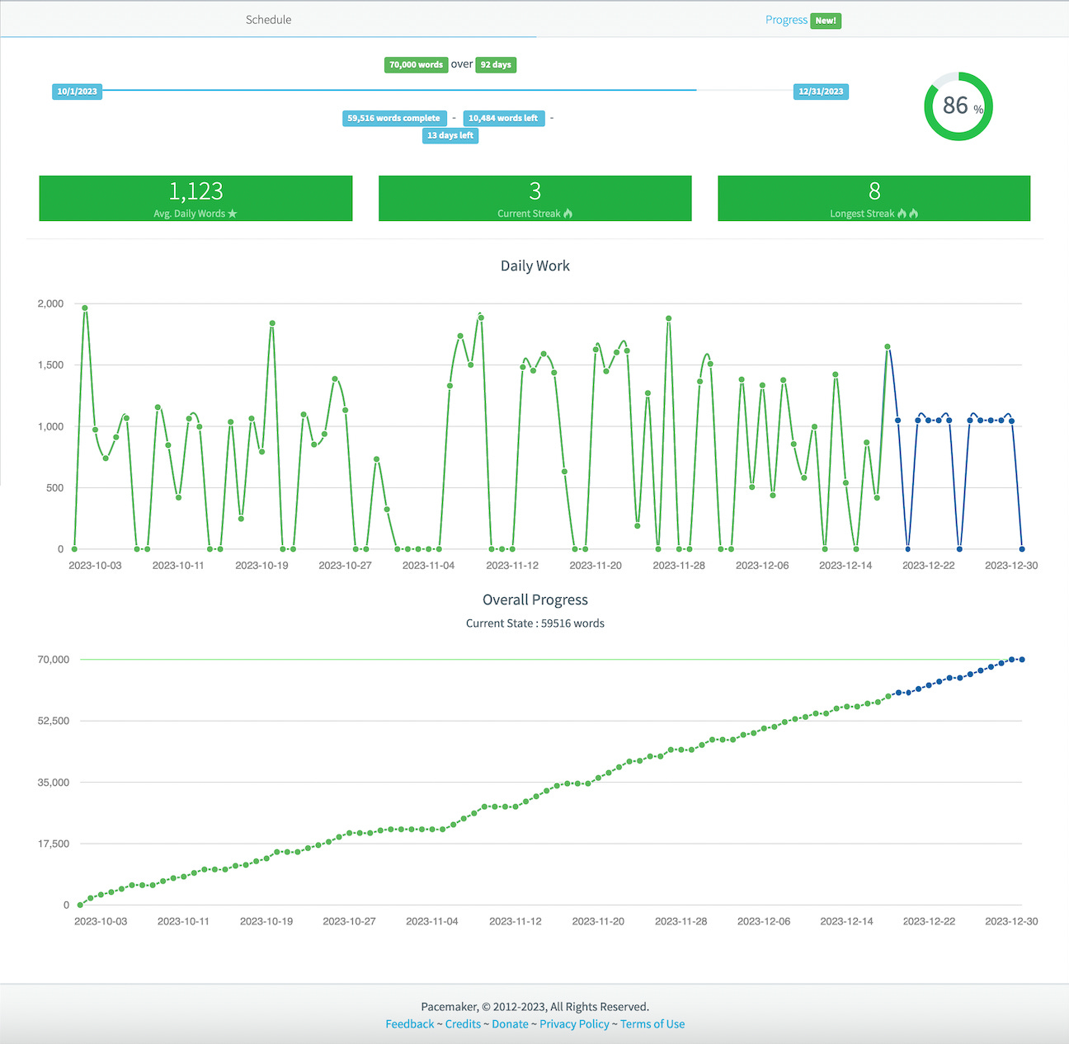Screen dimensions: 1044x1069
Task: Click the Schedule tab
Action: click(268, 20)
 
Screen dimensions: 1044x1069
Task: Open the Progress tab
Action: click(786, 20)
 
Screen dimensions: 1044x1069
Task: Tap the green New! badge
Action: click(826, 21)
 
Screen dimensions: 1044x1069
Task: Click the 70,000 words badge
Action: click(416, 64)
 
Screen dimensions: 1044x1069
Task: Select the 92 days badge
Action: click(496, 64)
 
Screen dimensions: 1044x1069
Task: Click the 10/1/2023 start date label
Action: click(77, 92)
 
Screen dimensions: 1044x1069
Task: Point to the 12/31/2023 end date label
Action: click(821, 92)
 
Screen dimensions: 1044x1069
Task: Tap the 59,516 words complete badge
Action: click(393, 118)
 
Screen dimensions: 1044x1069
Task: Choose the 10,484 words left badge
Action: click(503, 118)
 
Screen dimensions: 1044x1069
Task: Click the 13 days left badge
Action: click(450, 135)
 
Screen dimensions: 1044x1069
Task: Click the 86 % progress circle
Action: click(958, 106)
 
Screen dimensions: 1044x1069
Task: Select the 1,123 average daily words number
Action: click(195, 191)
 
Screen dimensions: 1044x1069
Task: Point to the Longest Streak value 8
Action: click(874, 191)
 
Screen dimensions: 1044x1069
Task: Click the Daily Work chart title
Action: click(534, 266)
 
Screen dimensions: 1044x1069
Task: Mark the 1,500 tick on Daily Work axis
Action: click(50, 364)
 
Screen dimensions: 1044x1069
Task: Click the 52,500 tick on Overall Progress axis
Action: click(54, 721)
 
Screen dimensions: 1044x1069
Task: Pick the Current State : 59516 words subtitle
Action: click(534, 623)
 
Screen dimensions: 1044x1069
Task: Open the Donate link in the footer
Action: click(510, 1024)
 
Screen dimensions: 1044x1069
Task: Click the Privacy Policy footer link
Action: click(574, 1024)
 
